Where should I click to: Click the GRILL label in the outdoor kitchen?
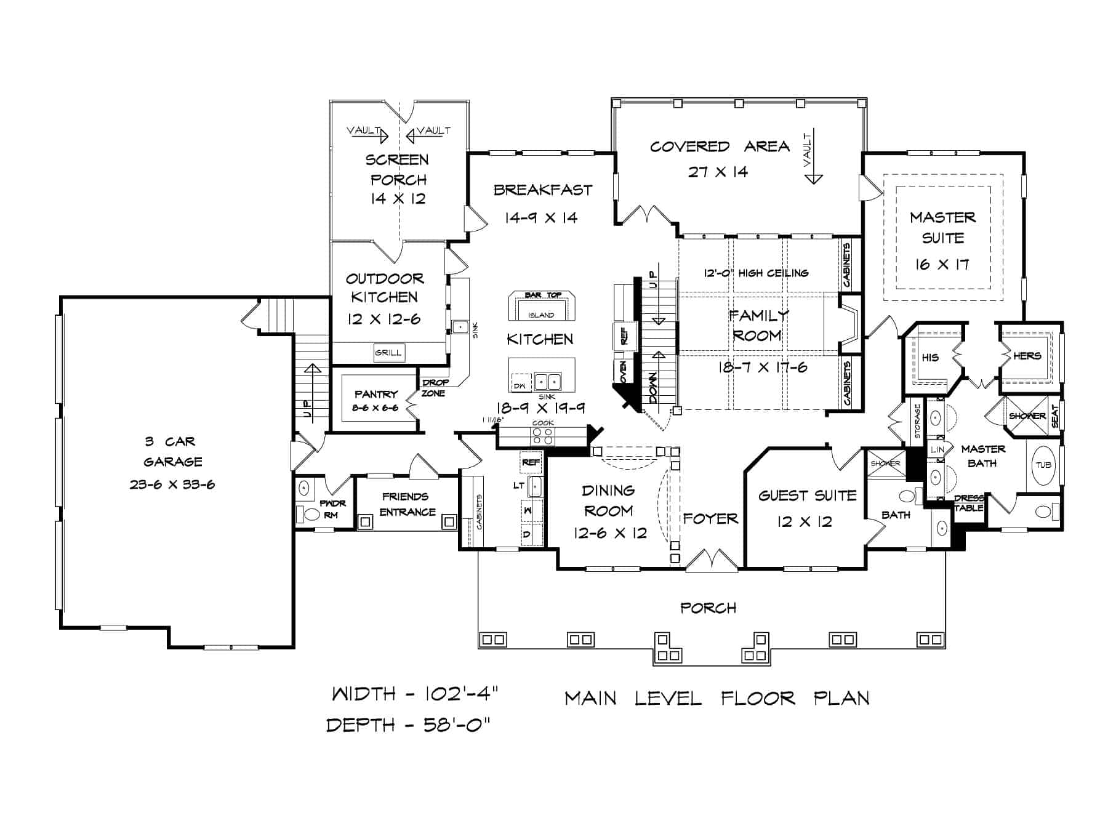388,353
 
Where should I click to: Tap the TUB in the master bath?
1043,465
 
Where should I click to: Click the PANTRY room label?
376,395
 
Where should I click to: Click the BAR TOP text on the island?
542,295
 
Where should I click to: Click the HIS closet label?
930,357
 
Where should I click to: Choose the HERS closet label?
1027,356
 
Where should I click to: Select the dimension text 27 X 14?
718,172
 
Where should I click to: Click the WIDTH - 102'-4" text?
414,694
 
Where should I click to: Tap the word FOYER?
710,519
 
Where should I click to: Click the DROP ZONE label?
435,388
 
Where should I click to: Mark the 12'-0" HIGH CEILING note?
756,273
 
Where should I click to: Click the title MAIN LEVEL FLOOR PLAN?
717,698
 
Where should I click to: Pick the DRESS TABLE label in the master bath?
969,503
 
